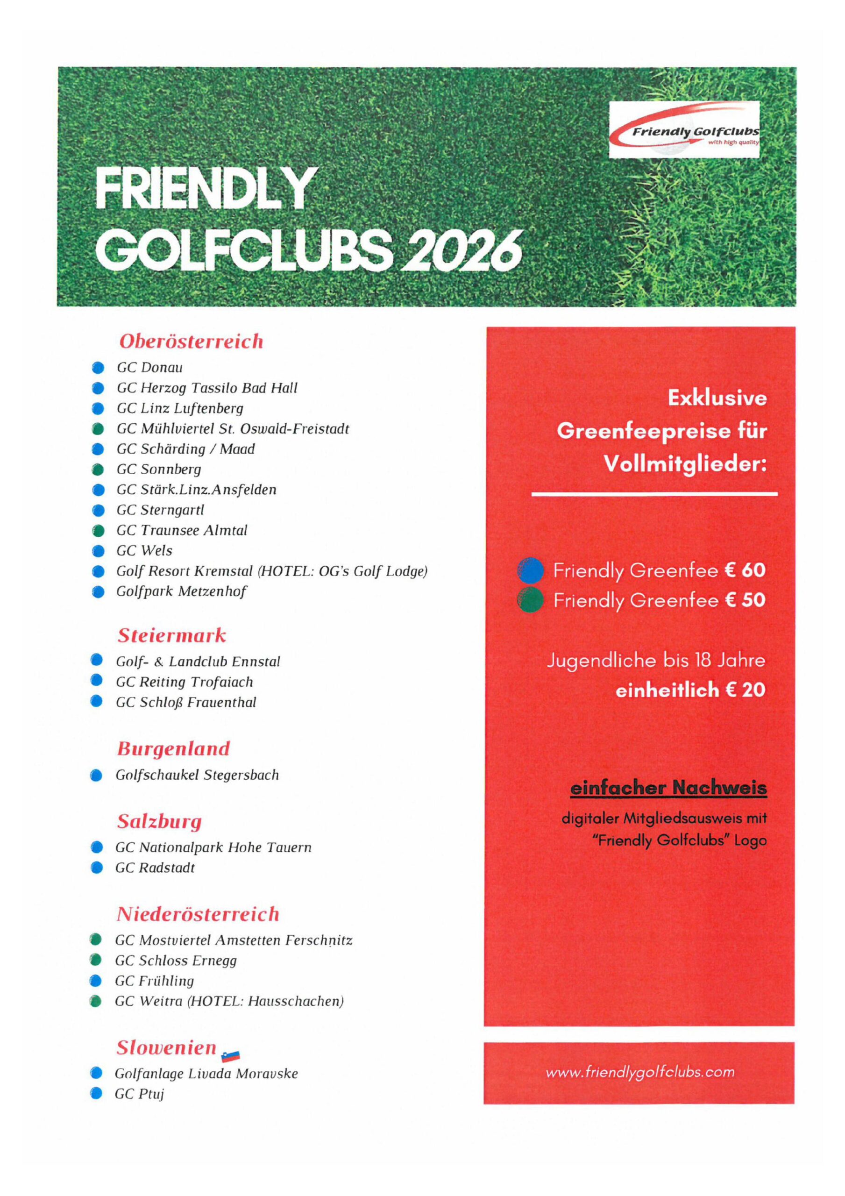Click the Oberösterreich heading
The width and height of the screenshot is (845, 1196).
tap(191, 342)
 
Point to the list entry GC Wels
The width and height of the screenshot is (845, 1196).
tap(144, 551)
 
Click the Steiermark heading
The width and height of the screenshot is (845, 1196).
tap(171, 635)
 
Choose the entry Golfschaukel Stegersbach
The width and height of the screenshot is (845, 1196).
tap(197, 775)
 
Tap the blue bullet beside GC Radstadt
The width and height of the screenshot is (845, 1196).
tap(96, 868)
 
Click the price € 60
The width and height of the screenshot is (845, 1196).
tap(745, 570)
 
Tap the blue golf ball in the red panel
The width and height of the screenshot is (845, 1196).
tap(530, 570)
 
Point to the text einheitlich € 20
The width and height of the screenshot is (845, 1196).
tap(690, 691)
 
